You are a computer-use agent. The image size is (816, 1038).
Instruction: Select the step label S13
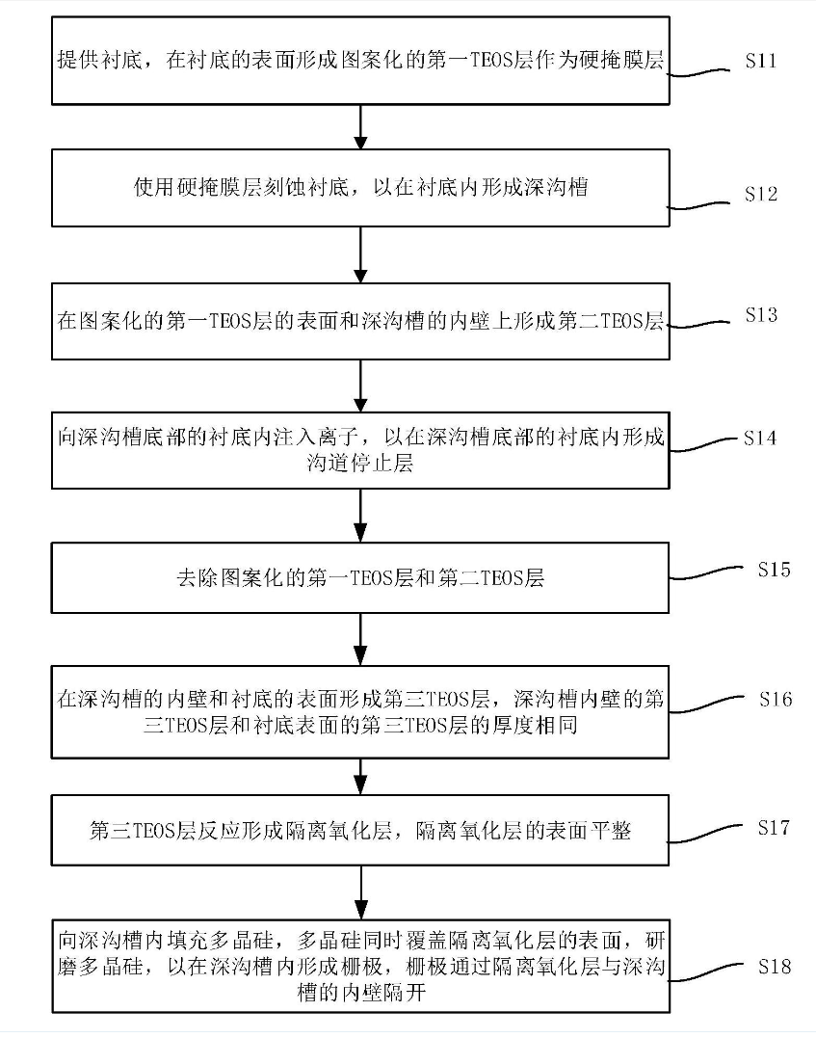(x=761, y=315)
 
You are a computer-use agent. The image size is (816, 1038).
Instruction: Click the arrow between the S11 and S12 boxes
(x=359, y=125)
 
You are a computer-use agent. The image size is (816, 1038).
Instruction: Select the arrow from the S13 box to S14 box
(x=359, y=380)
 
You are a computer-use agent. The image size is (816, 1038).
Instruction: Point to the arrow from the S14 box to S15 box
(x=359, y=514)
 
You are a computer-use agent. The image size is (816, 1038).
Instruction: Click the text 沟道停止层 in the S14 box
(x=358, y=464)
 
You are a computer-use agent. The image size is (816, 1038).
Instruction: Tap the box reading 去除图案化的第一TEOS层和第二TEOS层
(x=359, y=577)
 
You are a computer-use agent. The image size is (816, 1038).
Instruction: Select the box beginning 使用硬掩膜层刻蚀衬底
(x=359, y=189)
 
